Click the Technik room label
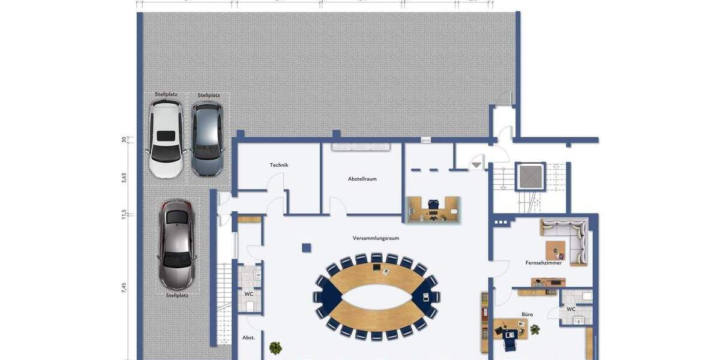pyautogui.click(x=279, y=165)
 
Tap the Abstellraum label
pyautogui.click(x=362, y=179)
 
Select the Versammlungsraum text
pyautogui.click(x=376, y=238)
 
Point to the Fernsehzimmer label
pyautogui.click(x=544, y=263)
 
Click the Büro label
pyautogui.click(x=527, y=314)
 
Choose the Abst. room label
pyautogui.click(x=248, y=338)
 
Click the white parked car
pyautogui.click(x=166, y=139)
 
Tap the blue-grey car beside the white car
pyautogui.click(x=207, y=139)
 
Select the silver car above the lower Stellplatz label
pyautogui.click(x=176, y=244)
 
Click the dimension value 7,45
pyautogui.click(x=124, y=287)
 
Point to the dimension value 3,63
pyautogui.click(x=124, y=178)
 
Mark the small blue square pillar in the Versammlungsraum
pyautogui.click(x=307, y=247)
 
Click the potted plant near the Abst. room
pyautogui.click(x=275, y=347)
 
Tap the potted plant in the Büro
pyautogui.click(x=535, y=329)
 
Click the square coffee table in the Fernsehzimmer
pyautogui.click(x=556, y=250)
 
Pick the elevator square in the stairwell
pyautogui.click(x=530, y=176)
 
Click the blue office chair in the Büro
pyautogui.click(x=509, y=340)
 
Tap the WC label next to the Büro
pyautogui.click(x=571, y=310)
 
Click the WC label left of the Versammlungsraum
pyautogui.click(x=248, y=294)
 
